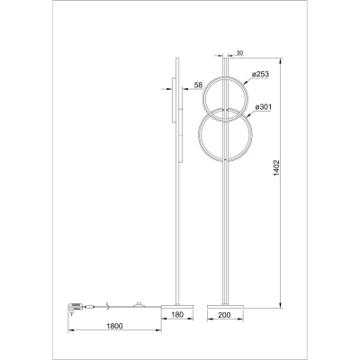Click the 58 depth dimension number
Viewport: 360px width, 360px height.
(198, 87)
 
